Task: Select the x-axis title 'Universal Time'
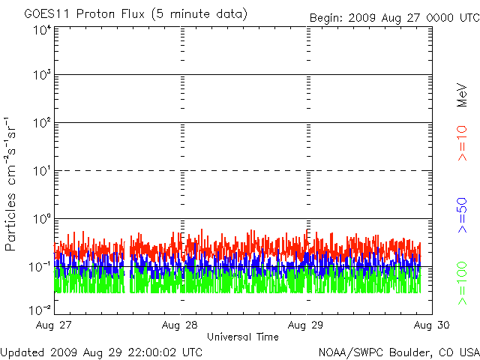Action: (243, 337)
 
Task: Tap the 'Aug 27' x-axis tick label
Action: (54, 325)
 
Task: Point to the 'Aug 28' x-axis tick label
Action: (180, 325)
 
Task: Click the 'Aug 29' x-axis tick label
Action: (306, 325)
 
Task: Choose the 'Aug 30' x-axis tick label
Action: (431, 325)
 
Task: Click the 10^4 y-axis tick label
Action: (41, 30)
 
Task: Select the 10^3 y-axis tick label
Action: (41, 76)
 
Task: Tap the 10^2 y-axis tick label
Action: (41, 123)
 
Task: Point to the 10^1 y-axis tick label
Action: (41, 171)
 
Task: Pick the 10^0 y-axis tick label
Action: (41, 219)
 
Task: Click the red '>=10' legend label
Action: (462, 143)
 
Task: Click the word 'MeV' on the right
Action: (462, 93)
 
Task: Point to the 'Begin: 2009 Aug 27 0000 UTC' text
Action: (394, 17)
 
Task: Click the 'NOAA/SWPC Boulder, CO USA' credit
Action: (398, 351)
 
